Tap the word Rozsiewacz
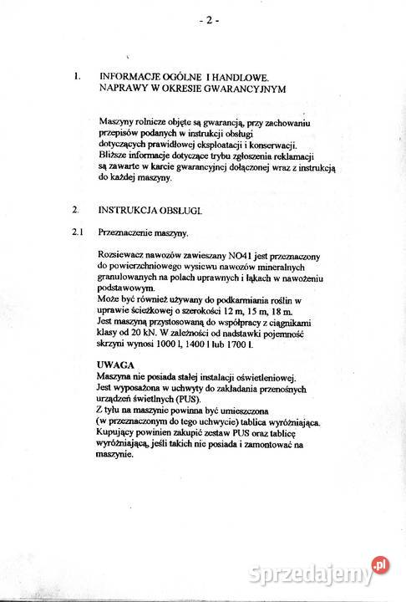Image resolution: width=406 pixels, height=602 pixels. pos(123,254)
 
